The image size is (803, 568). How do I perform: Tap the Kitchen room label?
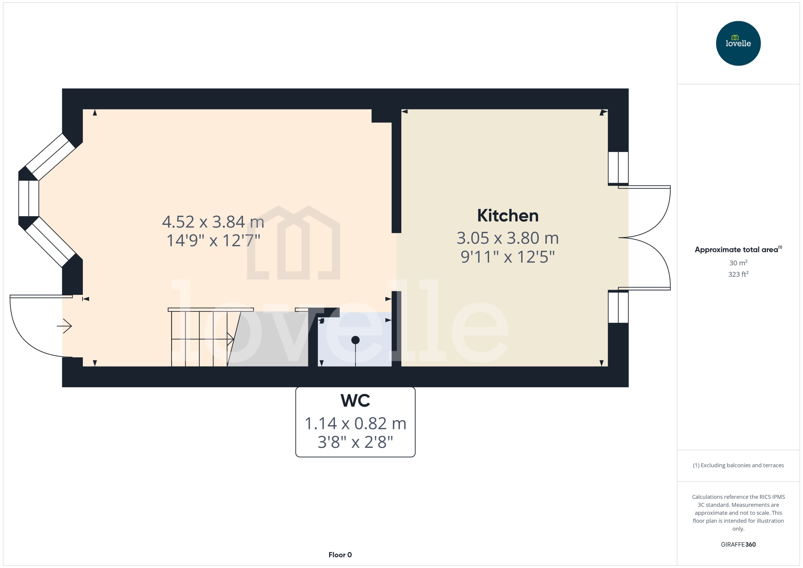point(508,216)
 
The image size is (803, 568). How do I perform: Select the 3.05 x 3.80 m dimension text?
point(508,238)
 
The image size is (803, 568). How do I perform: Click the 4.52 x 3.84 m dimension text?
point(213,222)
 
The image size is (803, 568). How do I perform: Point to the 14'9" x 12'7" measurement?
point(213,241)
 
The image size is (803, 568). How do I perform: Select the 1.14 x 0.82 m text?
point(355,424)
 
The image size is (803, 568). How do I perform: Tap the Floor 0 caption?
point(340,555)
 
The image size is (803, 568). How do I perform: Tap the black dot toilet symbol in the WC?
point(355,340)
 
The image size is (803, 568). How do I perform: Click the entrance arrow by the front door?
point(64,326)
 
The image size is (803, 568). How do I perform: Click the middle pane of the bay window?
point(28,198)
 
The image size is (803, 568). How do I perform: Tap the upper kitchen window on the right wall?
point(618,168)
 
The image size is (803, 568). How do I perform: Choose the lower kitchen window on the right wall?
point(618,307)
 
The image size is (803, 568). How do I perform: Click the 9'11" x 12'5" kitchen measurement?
point(508,257)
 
